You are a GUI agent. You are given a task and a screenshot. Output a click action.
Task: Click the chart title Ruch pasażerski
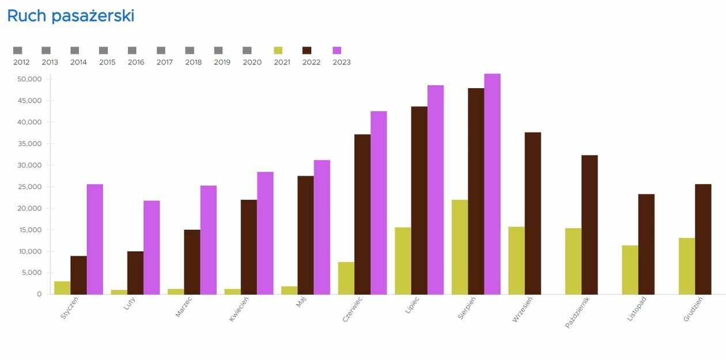tap(70, 16)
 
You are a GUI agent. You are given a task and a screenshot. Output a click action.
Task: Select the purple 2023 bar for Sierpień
tap(492, 184)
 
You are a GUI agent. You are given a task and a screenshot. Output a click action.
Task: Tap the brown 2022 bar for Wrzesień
tap(533, 214)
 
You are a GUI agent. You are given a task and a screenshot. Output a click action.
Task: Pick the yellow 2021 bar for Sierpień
tap(460, 247)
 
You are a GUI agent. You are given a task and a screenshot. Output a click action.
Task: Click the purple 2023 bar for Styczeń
tap(95, 239)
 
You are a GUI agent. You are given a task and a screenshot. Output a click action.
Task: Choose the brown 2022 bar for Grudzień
tap(703, 239)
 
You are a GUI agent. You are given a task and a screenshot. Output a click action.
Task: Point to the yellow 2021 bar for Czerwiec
tap(346, 278)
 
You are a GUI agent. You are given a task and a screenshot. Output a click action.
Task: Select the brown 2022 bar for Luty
tap(135, 273)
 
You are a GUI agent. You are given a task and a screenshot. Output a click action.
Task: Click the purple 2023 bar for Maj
tap(322, 227)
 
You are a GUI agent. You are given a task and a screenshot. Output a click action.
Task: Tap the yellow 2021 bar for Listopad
tap(630, 270)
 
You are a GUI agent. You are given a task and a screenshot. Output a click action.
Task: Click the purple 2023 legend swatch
tap(337, 51)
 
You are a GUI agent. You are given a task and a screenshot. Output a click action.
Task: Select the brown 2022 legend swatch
tap(307, 51)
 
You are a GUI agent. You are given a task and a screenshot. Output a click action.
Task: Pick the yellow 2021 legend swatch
tap(278, 51)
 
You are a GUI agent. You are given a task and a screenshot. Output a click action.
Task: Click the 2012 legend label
tap(21, 62)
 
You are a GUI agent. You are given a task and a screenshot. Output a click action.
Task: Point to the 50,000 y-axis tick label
tap(31, 79)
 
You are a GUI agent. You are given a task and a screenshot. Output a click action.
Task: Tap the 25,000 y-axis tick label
tap(31, 187)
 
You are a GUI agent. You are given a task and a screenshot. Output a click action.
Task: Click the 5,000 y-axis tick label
tap(32, 273)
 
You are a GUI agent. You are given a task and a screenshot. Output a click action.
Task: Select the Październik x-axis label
tap(578, 312)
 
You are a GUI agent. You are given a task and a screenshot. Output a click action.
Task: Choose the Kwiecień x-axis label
tap(239, 309)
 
